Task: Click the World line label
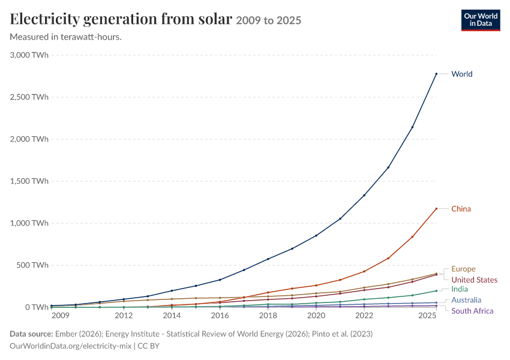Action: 461,74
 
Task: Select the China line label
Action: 461,209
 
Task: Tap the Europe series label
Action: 463,269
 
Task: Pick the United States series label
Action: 474,280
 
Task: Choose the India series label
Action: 459,289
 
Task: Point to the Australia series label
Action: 466,300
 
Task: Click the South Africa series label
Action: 472,311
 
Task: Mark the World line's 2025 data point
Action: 436,74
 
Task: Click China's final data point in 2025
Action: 436,208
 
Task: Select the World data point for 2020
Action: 316,235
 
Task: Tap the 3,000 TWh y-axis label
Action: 29,55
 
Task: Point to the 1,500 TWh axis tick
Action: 29,181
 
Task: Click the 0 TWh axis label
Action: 37,307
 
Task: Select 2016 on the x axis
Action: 220,316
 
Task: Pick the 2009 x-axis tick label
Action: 61,316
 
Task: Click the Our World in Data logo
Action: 481,20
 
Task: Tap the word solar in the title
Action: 215,19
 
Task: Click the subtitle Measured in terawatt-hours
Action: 66,37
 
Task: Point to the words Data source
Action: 31,334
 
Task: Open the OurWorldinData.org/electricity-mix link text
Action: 71,346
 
